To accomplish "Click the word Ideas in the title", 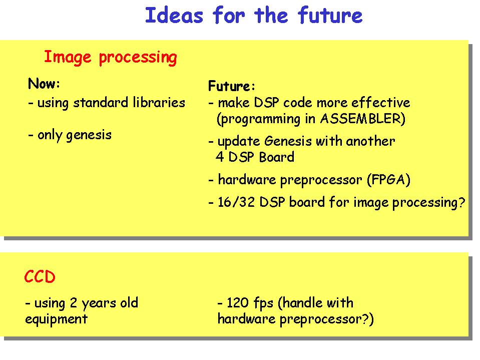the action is click(174, 16).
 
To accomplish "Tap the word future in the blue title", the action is click(330, 16).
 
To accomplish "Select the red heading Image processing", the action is click(110, 57).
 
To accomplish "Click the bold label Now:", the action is click(44, 83).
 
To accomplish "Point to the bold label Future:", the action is click(231, 86).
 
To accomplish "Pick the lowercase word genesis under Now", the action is click(89, 135).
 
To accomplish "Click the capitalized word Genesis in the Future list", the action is click(288, 141).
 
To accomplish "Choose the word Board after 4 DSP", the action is click(276, 157).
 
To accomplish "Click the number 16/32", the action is click(236, 202).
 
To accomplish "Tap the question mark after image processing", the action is click(461, 202).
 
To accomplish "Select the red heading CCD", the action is click(40, 277).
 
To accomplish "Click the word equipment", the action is click(57, 319).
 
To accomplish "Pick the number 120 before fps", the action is click(238, 303).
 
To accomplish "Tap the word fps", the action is click(263, 303).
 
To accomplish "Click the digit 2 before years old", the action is click(73, 303).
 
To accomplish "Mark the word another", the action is click(370, 141).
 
